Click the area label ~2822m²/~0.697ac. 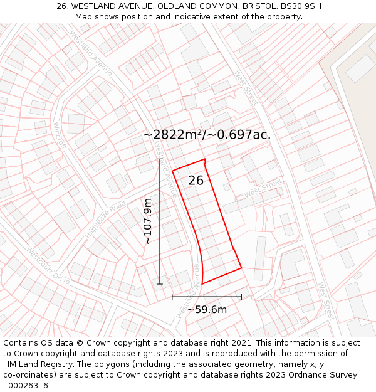pos(206,135)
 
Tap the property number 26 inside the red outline pos(196,181)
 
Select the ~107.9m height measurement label pos(148,221)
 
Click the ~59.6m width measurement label pos(207,309)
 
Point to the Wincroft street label pos(60,135)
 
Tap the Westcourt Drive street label pos(48,265)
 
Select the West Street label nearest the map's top pos(246,87)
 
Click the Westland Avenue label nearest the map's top pos(91,53)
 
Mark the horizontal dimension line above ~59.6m pos(207,297)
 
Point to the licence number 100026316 pos(26,386)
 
